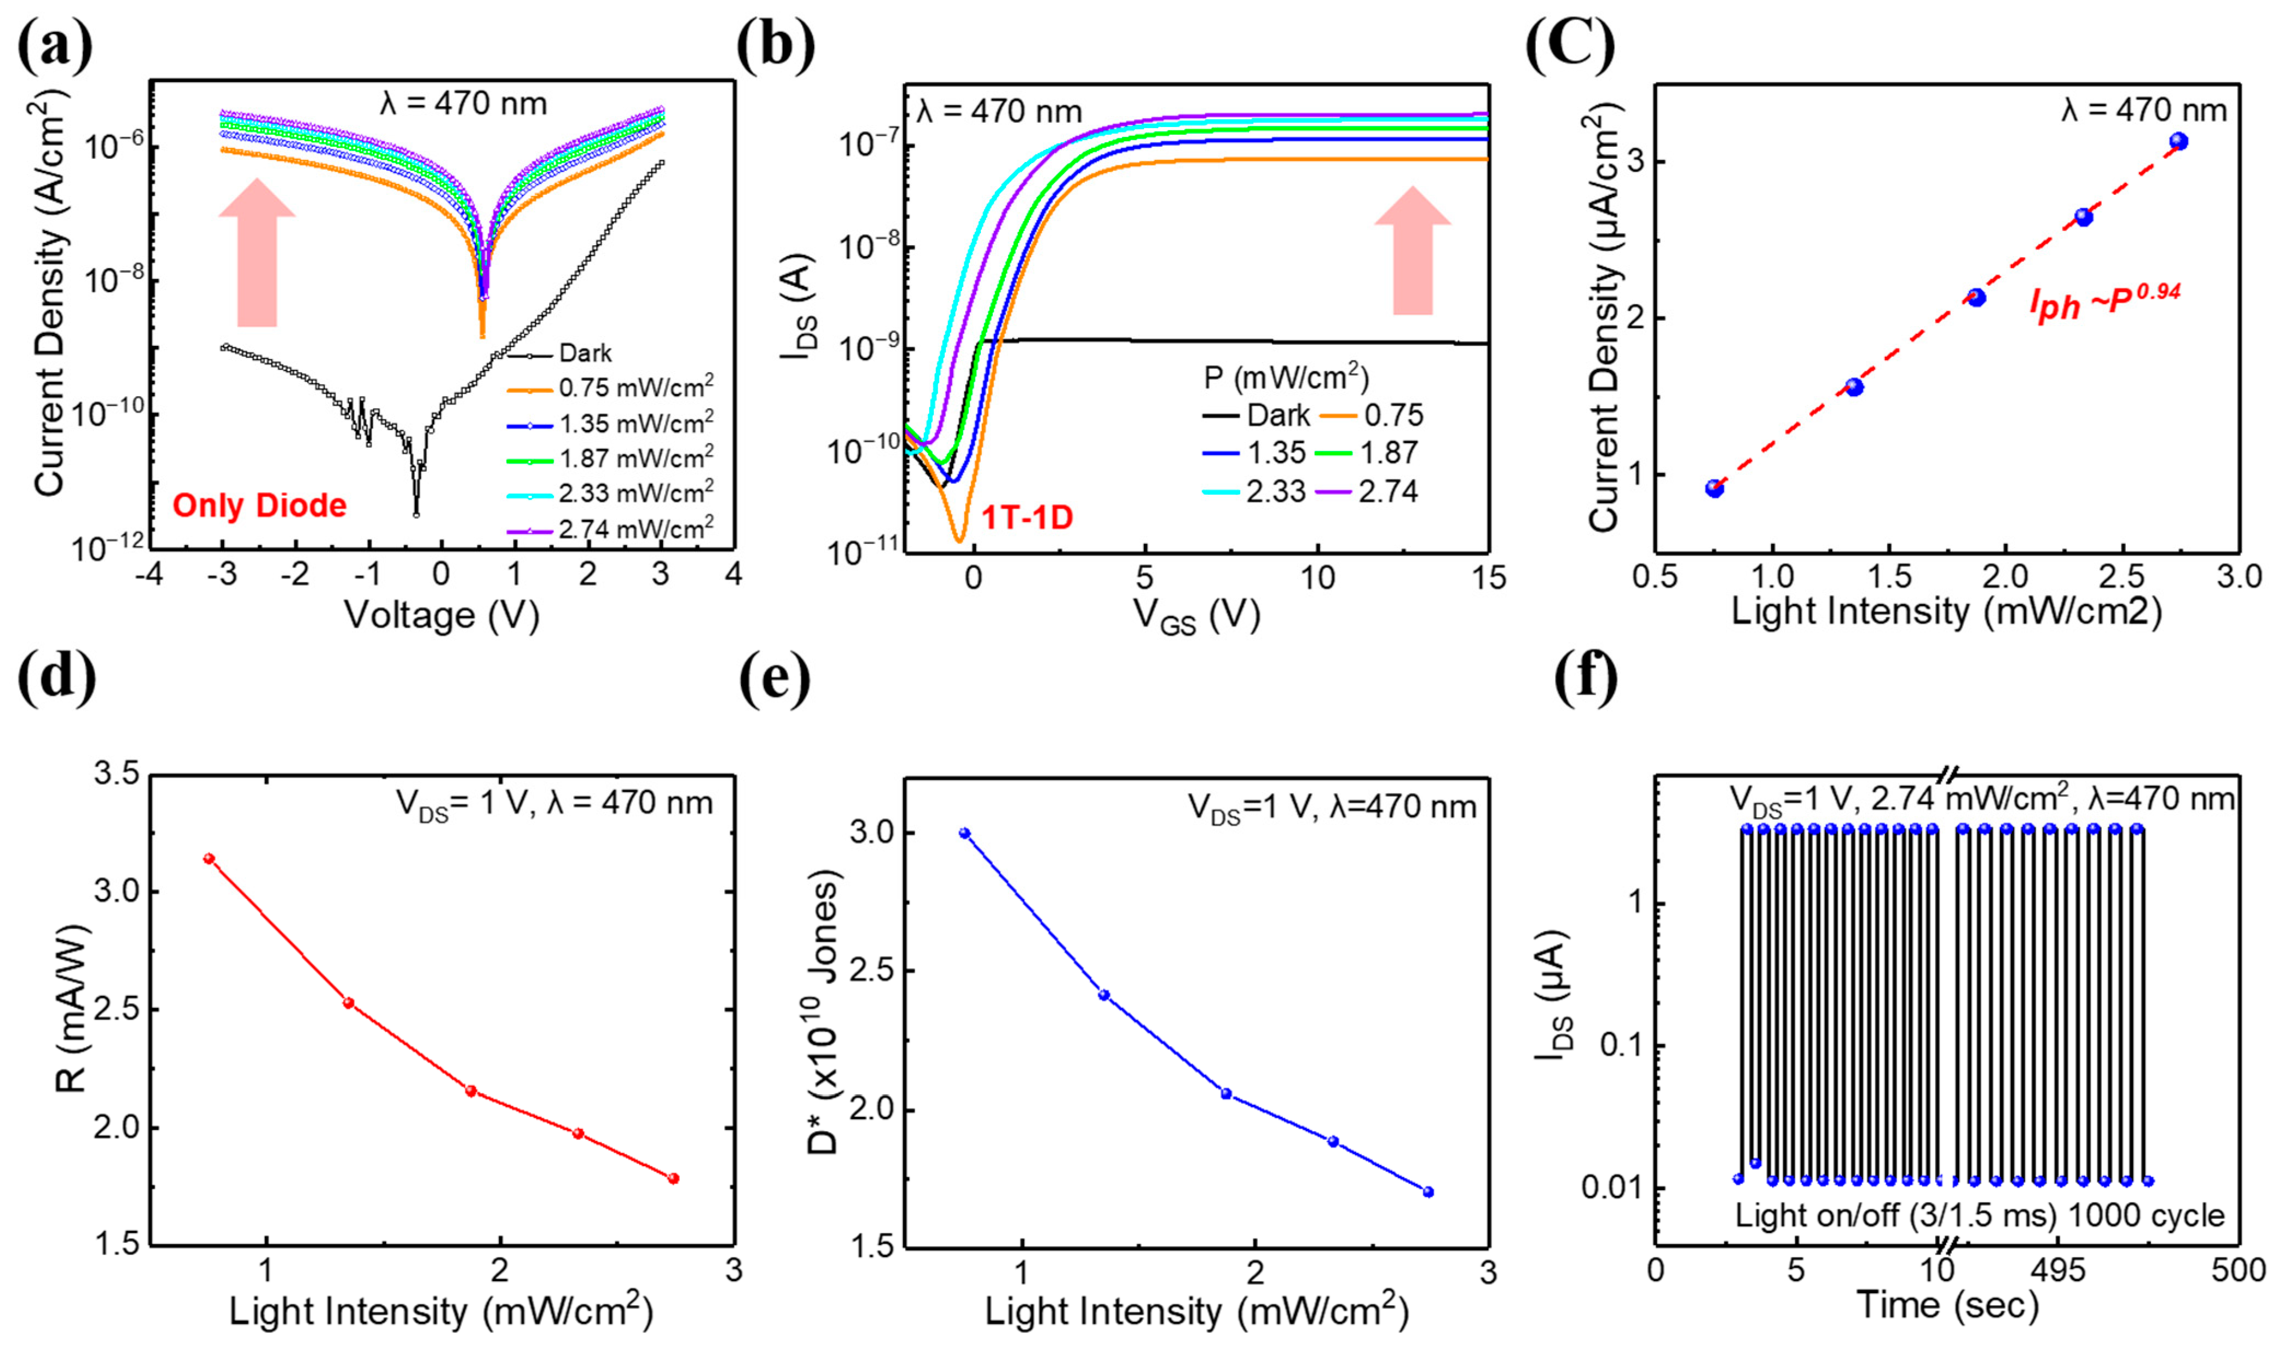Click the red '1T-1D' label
[1026, 518]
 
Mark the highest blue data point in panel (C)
[2179, 141]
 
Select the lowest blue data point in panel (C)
[1714, 489]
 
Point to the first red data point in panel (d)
[209, 858]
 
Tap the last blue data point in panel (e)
[1429, 1191]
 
